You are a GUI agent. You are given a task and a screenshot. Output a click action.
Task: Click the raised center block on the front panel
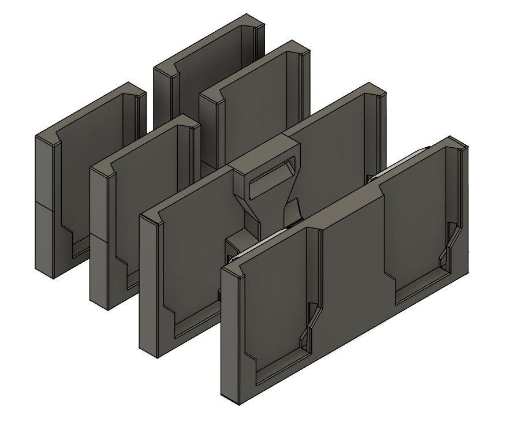[x=352, y=254]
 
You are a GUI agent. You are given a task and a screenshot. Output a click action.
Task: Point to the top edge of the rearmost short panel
[x=208, y=43]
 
